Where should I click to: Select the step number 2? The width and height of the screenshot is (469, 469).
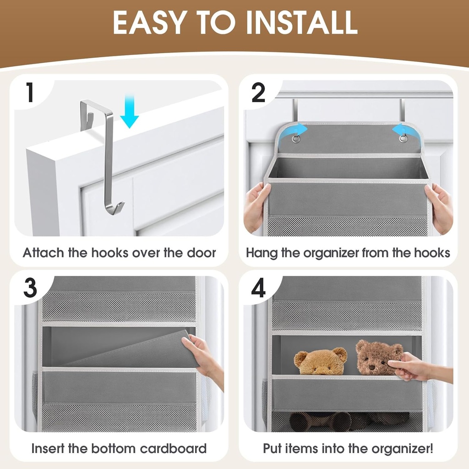coord(259,93)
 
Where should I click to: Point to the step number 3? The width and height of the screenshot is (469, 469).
coord(30,289)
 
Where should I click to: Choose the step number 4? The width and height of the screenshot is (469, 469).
coord(259,289)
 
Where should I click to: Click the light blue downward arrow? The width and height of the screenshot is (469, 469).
coord(130,112)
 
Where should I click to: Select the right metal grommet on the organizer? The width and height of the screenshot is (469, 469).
coord(403,138)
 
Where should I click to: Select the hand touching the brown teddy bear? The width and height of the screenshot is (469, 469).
coord(410,366)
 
